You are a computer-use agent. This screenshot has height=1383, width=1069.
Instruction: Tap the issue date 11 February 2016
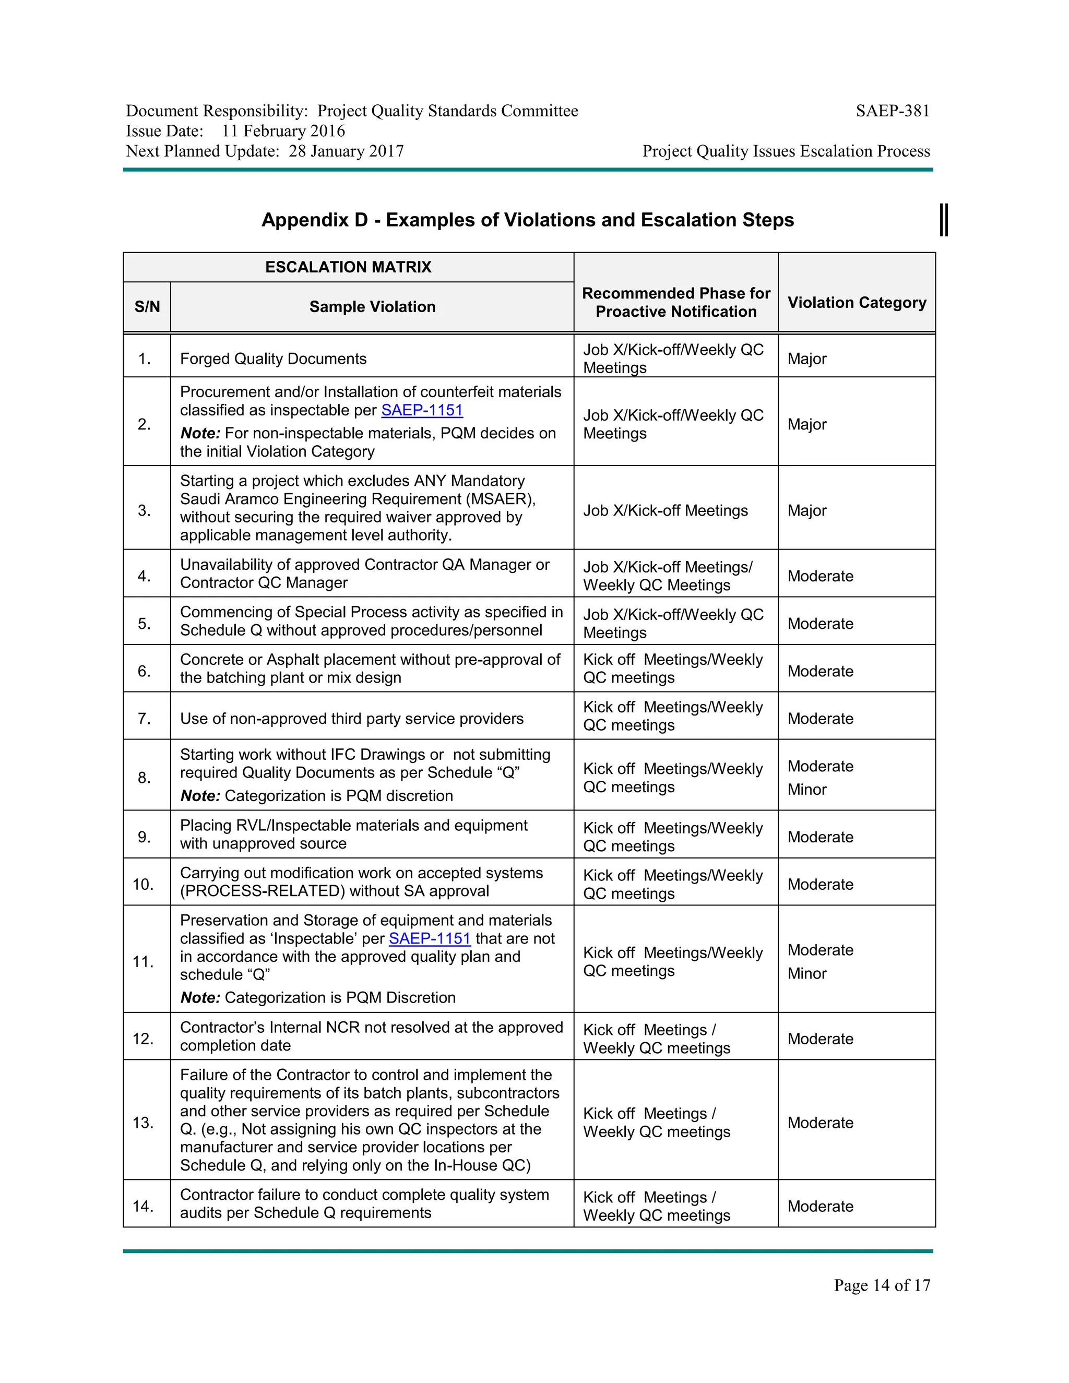pos(283,131)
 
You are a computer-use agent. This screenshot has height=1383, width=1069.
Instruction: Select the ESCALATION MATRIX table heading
pos(348,267)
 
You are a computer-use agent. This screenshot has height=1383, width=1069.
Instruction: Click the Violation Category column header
pos(856,303)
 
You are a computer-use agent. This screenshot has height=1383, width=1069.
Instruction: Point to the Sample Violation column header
pos(372,307)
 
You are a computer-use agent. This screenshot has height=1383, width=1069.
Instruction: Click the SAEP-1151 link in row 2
pos(422,410)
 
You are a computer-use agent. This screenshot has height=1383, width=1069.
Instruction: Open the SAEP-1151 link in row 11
pos(430,938)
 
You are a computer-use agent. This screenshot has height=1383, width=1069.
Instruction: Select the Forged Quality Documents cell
pos(273,359)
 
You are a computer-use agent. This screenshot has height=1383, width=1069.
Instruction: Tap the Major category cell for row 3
pos(807,510)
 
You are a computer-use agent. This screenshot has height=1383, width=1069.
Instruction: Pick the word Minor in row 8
pos(807,790)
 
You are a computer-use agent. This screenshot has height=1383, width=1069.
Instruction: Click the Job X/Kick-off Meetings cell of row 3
pos(665,510)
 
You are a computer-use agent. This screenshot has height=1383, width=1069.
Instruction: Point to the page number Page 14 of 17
pos(882,1285)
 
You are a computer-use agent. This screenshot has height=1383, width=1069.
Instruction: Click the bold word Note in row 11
pos(199,998)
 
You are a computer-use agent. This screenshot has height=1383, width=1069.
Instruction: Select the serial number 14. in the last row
pos(143,1206)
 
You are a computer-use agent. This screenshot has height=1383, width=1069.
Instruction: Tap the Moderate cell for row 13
pos(820,1123)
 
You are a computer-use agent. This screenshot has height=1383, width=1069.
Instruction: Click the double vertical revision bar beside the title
pos(944,220)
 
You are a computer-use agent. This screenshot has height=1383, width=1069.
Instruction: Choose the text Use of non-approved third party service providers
pos(351,719)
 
